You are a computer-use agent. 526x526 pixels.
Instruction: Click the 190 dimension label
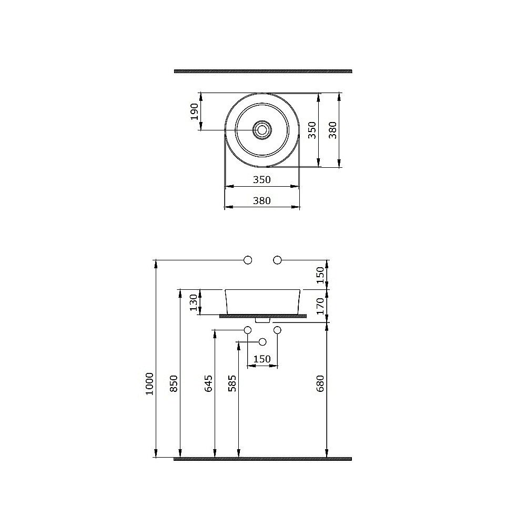(x=195, y=111)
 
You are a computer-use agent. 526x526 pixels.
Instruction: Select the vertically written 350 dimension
(x=311, y=130)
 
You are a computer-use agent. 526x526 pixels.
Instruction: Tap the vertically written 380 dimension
(x=332, y=130)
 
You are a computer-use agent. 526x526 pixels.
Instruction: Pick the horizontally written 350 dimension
(x=261, y=180)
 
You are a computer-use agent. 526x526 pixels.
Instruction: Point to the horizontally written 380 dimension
(x=261, y=200)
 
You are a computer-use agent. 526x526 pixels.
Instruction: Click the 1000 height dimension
(x=149, y=383)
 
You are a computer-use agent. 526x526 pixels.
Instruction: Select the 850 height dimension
(x=174, y=383)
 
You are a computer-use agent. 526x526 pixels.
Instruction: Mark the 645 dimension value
(x=208, y=383)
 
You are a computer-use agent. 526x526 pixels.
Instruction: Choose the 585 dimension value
(x=232, y=383)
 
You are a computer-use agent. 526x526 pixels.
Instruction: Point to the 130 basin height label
(x=194, y=302)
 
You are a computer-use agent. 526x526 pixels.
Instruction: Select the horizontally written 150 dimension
(x=262, y=359)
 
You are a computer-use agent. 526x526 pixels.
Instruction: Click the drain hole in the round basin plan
(x=261, y=130)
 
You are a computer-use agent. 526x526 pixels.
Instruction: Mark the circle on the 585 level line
(x=262, y=342)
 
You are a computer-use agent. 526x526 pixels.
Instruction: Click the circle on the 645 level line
(x=248, y=330)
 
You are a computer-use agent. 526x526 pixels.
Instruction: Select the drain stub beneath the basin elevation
(x=262, y=319)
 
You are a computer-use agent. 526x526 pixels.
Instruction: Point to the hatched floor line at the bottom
(x=262, y=459)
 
